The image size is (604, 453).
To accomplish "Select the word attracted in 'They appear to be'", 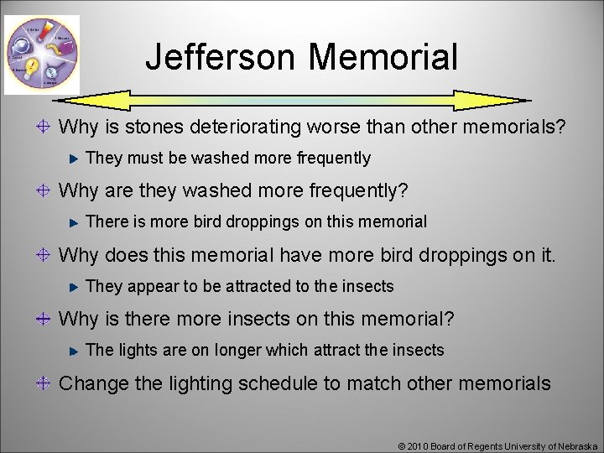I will pos(257,287).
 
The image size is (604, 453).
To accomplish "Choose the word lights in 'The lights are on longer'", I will pos(138,351).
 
